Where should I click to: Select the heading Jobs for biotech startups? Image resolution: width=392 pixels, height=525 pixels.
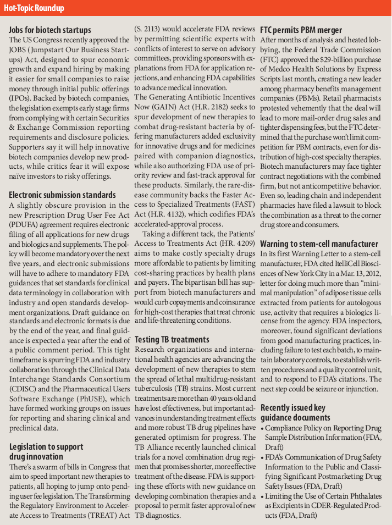tap(50, 30)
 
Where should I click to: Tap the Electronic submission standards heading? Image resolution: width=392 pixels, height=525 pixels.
tap(62, 195)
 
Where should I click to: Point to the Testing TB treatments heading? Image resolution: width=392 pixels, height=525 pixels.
tap(172, 340)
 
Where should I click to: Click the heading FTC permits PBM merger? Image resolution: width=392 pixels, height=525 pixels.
tap(301, 30)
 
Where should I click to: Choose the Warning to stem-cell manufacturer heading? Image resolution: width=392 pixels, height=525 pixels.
tap(319, 244)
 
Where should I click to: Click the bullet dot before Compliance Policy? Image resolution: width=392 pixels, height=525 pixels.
tap(262, 428)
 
